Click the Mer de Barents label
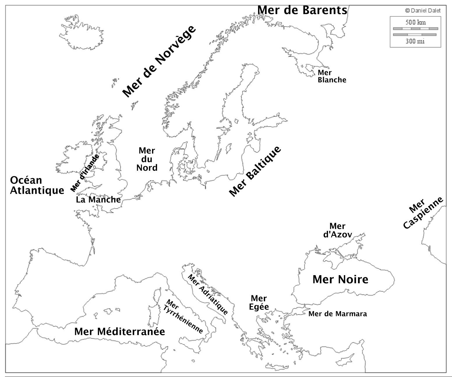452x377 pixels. tap(302, 10)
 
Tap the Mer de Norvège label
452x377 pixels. tap(159, 61)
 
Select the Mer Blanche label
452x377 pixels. tap(332, 76)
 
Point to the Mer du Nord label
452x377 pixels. tap(147, 159)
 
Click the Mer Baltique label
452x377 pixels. tap(255, 171)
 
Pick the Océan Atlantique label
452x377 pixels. tap(37, 185)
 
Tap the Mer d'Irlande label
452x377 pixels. tap(85, 173)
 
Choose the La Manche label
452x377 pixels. tap(98, 200)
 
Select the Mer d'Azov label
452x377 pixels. tap(338, 230)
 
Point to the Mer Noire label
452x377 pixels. tap(340, 280)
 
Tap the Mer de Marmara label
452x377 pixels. tap(338, 314)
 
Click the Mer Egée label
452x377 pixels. tap(259, 303)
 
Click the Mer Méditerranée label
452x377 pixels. tap(119, 332)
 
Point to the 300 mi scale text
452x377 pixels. tap(415, 41)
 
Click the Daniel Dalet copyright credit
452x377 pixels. tap(423, 11)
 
